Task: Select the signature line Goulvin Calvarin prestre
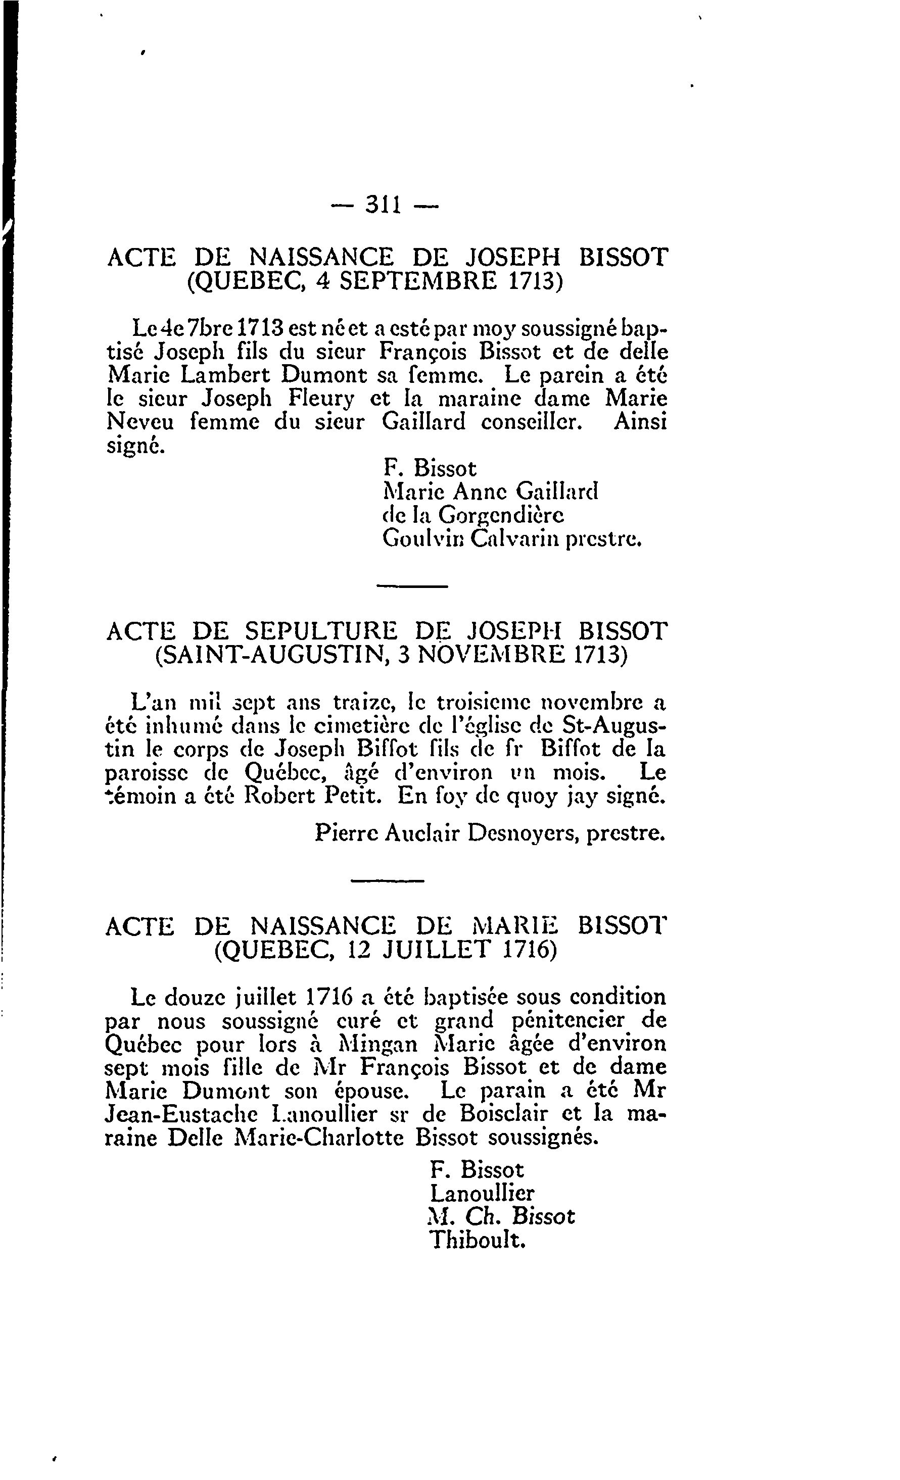click(512, 539)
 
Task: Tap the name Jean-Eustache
click(181, 1114)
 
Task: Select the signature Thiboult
click(478, 1241)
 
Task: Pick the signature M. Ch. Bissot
click(502, 1216)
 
